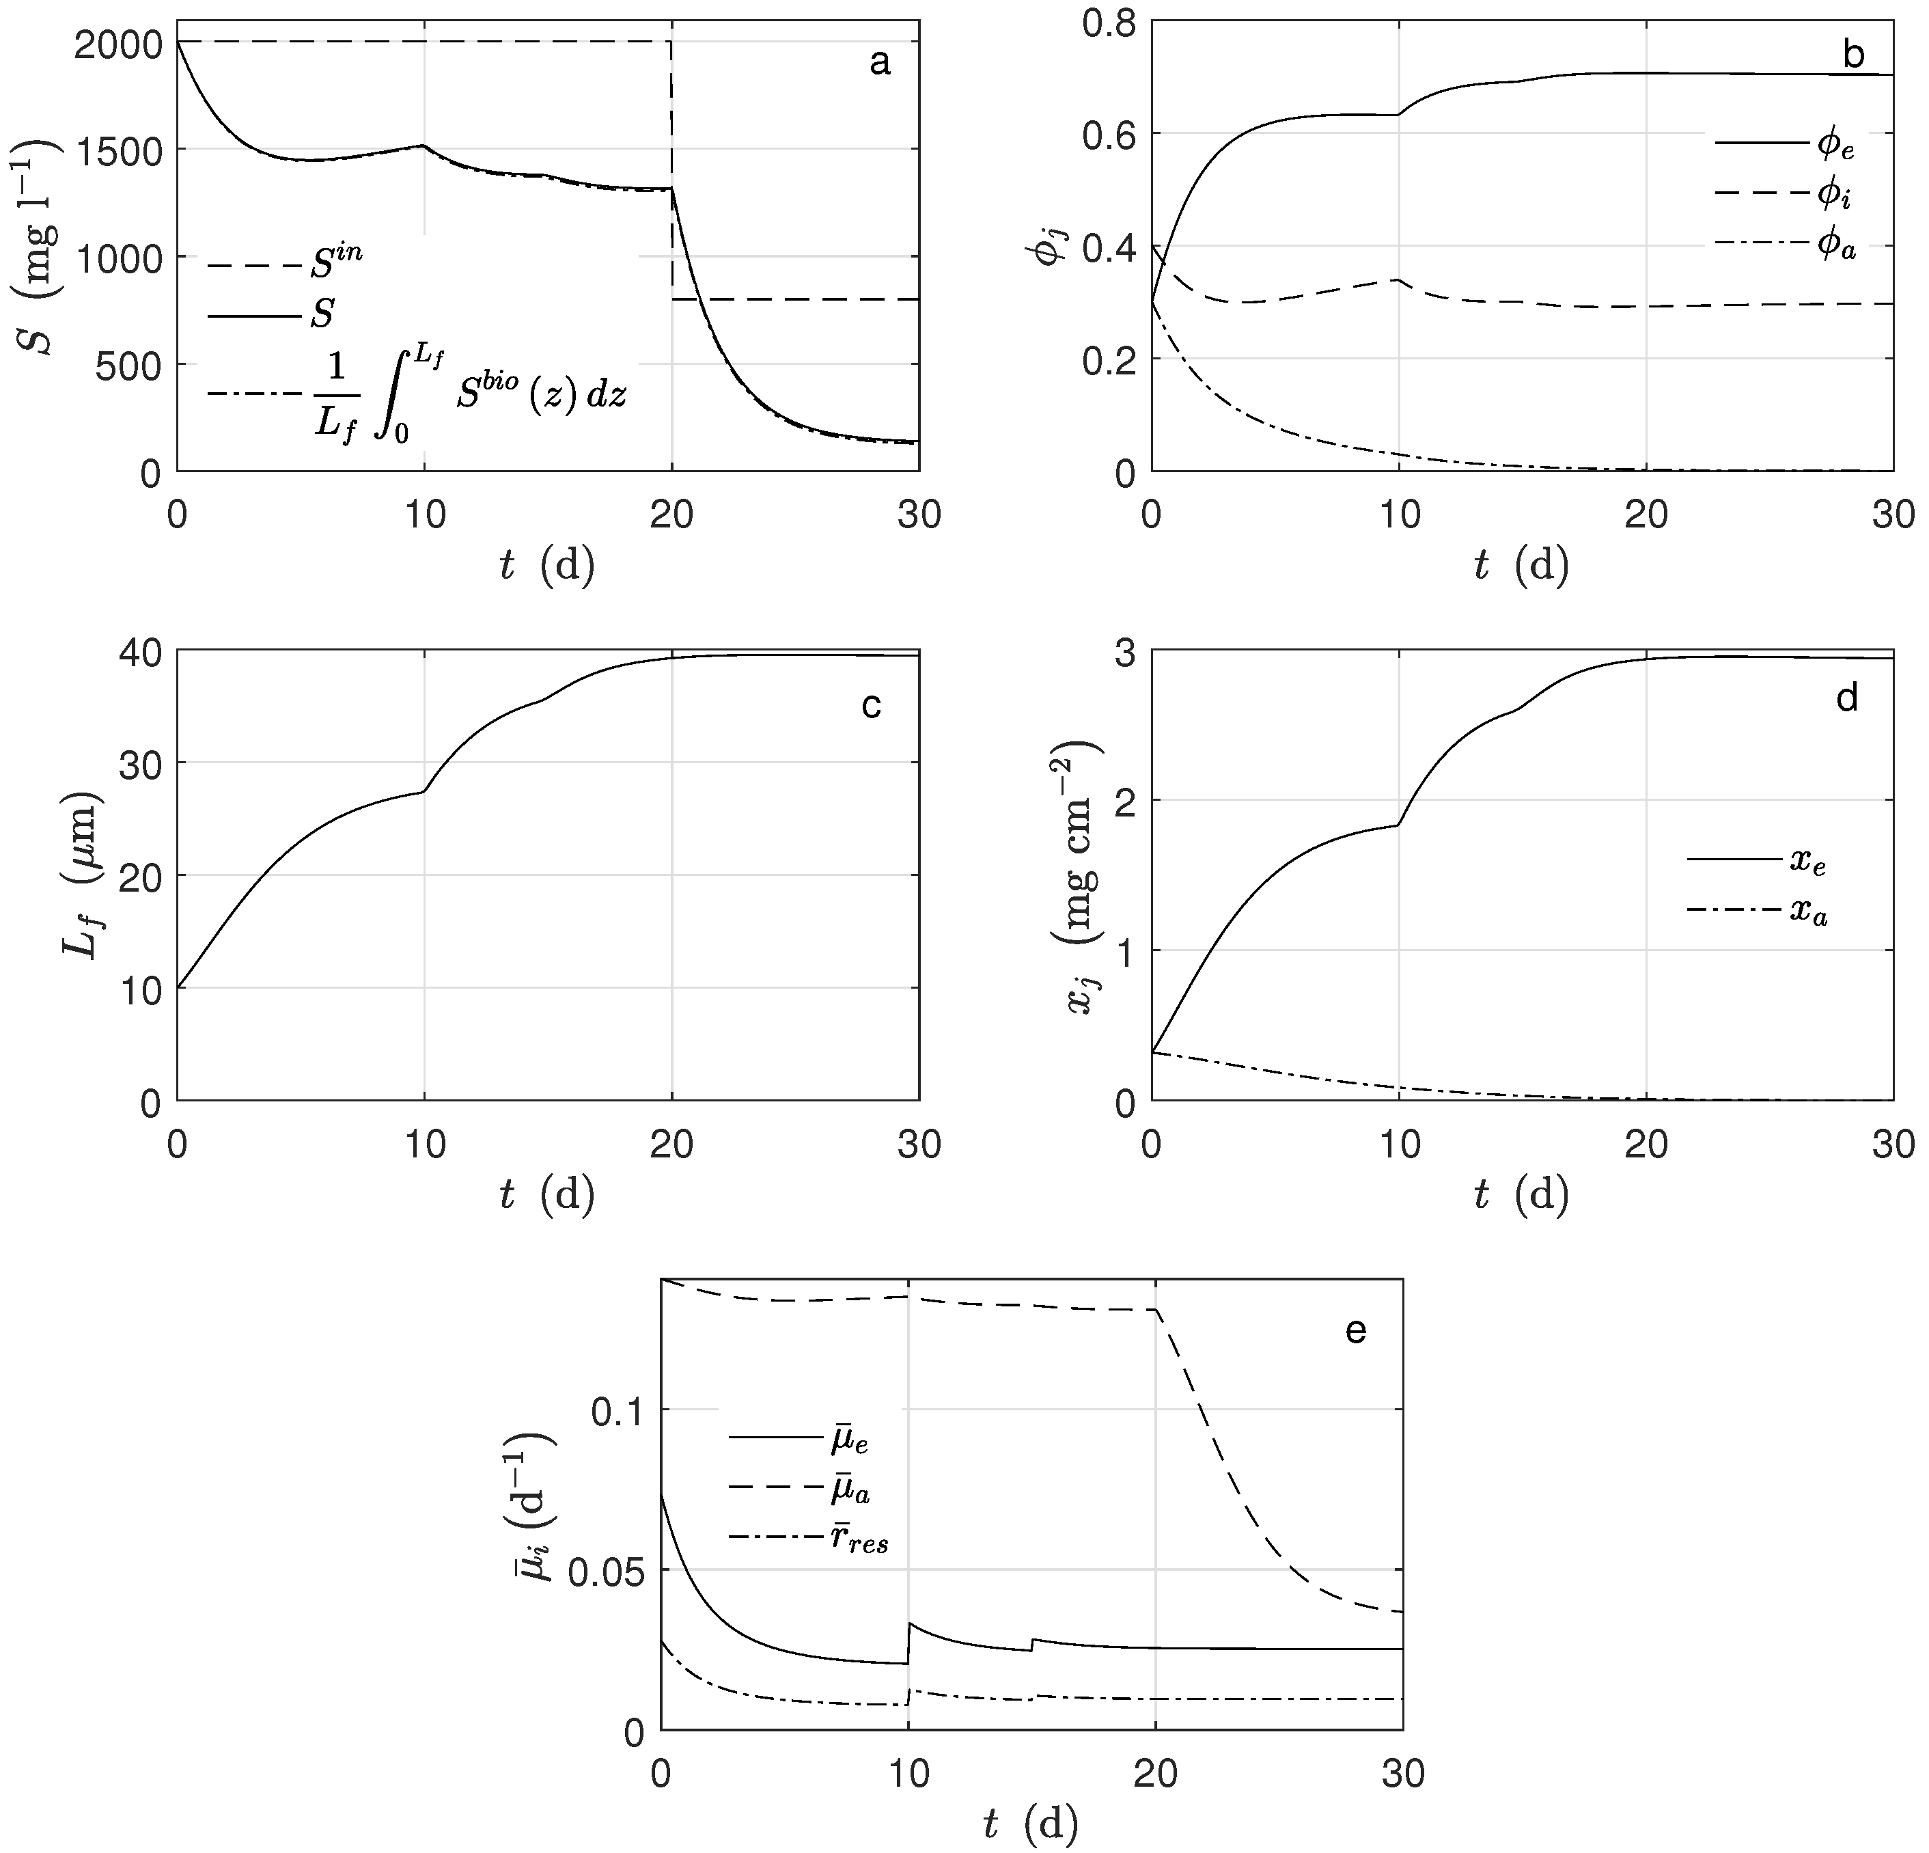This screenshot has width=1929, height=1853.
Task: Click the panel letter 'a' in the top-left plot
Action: [880, 63]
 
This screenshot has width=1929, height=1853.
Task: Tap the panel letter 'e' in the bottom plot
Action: [1355, 1331]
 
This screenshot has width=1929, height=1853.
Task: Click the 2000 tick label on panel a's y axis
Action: [116, 43]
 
